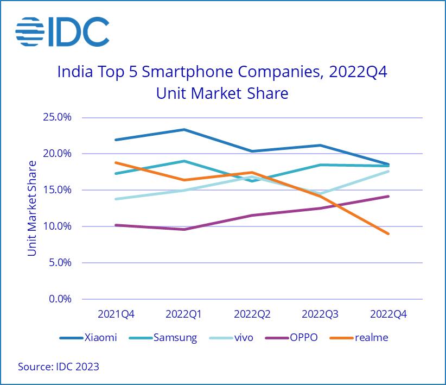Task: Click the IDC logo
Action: pyautogui.click(x=62, y=32)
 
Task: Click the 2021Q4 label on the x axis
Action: pyautogui.click(x=116, y=314)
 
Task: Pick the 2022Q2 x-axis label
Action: pyautogui.click(x=252, y=314)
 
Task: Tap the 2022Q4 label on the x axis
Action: pyautogui.click(x=388, y=314)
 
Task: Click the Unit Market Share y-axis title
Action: pyautogui.click(x=33, y=208)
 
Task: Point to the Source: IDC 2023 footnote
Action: pyautogui.click(x=59, y=367)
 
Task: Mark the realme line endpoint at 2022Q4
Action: pyautogui.click(x=388, y=233)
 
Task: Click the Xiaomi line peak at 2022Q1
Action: pyautogui.click(x=184, y=129)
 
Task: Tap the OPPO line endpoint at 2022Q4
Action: pyautogui.click(x=388, y=196)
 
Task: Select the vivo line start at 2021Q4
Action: pyautogui.click(x=116, y=199)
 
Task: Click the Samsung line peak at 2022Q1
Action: pyautogui.click(x=184, y=161)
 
